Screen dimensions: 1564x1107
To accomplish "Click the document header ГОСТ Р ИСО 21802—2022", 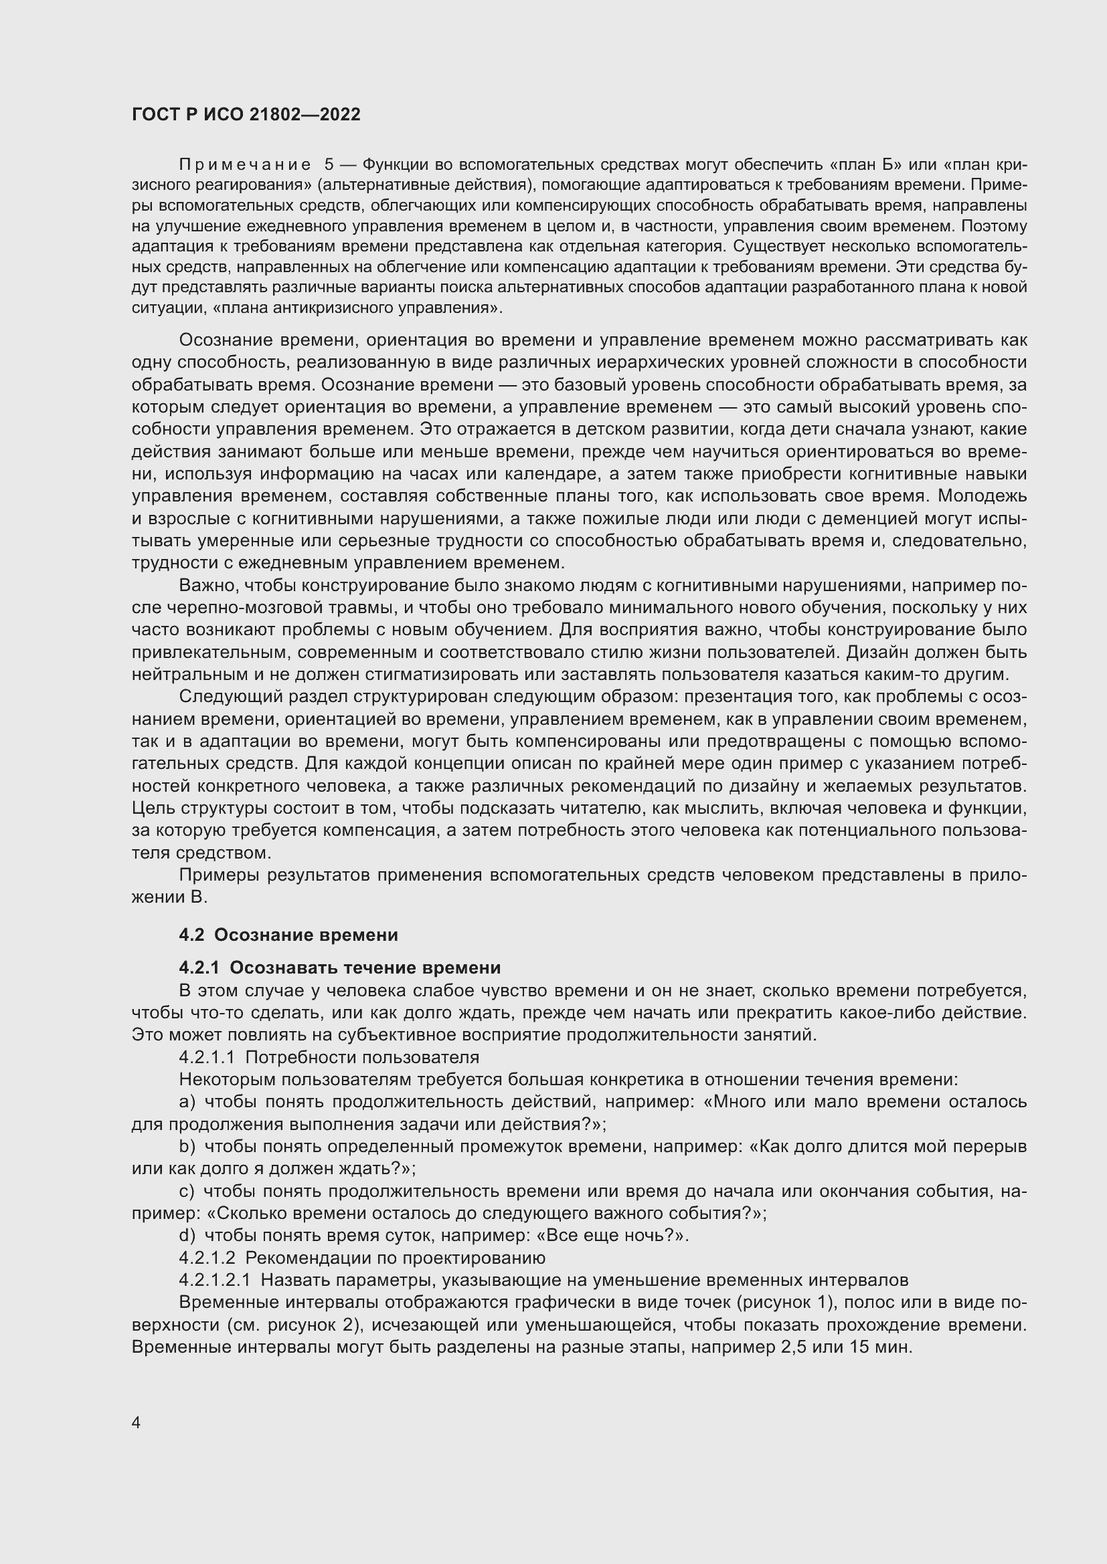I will point(246,114).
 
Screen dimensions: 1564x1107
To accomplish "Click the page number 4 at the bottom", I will point(137,1423).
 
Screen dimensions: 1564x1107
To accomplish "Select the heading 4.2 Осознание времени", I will point(288,935).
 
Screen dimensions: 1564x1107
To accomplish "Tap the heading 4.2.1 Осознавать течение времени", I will point(339,968).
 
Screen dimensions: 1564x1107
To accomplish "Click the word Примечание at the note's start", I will point(246,165).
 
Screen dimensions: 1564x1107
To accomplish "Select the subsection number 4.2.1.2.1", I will point(215,1280).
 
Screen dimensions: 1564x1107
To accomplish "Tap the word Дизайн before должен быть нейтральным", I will point(877,652).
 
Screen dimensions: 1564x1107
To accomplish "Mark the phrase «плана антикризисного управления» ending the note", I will point(357,308).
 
